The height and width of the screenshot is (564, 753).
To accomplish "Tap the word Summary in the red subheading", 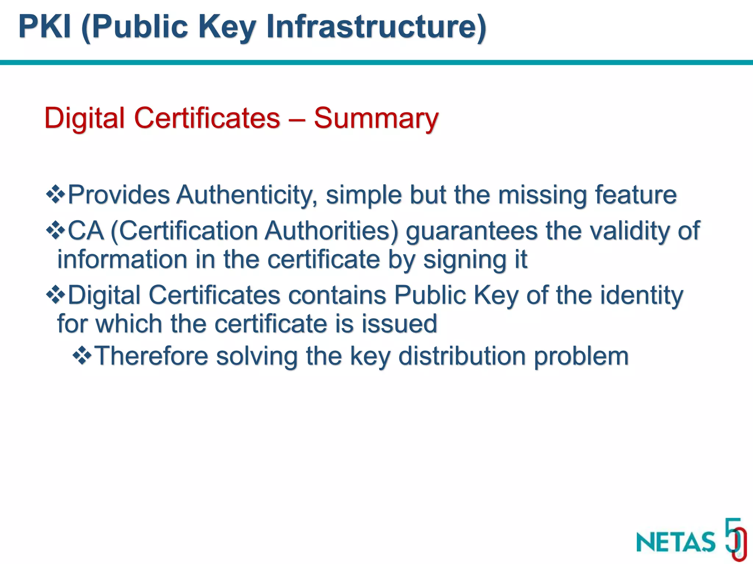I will (376, 119).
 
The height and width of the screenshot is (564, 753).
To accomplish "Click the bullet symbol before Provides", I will (56, 194).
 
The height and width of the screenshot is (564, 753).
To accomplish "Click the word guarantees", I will (472, 231).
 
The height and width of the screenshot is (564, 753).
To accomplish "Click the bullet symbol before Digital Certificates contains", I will (56, 295).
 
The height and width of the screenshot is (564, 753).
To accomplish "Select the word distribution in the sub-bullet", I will (462, 356).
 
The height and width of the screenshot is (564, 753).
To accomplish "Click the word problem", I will (581, 357).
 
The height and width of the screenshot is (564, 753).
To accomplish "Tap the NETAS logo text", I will (676, 542).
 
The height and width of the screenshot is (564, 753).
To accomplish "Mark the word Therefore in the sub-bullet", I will (151, 356).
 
